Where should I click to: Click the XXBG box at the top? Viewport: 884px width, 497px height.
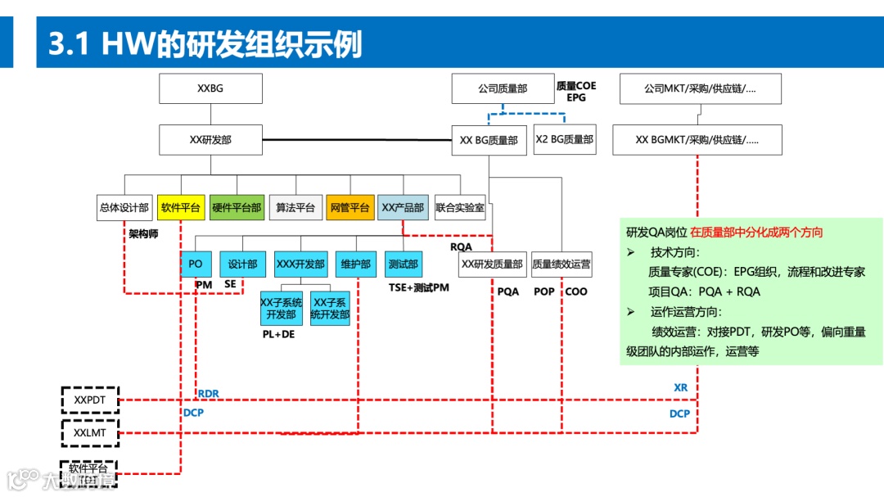(210, 88)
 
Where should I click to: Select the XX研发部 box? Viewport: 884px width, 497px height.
(210, 140)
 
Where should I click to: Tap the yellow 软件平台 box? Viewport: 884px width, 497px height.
(181, 208)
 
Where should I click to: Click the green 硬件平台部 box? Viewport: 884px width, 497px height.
(237, 208)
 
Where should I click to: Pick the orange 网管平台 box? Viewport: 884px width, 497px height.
(350, 208)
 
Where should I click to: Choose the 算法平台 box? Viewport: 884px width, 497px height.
(295, 208)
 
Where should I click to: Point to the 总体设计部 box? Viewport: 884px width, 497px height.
(124, 208)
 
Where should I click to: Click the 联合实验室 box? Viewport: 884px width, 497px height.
(460, 208)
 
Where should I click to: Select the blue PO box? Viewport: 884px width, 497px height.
(196, 264)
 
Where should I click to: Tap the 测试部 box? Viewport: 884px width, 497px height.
(403, 264)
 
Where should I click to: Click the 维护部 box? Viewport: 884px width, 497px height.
(355, 264)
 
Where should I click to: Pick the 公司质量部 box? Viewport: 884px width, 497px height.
(502, 88)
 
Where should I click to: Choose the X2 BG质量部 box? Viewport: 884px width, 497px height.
(564, 140)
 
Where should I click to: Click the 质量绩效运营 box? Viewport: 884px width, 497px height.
(562, 264)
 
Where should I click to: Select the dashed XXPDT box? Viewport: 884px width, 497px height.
(91, 400)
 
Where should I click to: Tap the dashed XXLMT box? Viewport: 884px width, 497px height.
(91, 432)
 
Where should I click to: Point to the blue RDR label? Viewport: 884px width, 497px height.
(208, 394)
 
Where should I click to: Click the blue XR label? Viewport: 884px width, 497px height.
(680, 387)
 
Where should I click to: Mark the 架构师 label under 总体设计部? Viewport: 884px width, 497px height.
(143, 234)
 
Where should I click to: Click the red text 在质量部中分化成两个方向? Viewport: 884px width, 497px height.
(756, 233)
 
